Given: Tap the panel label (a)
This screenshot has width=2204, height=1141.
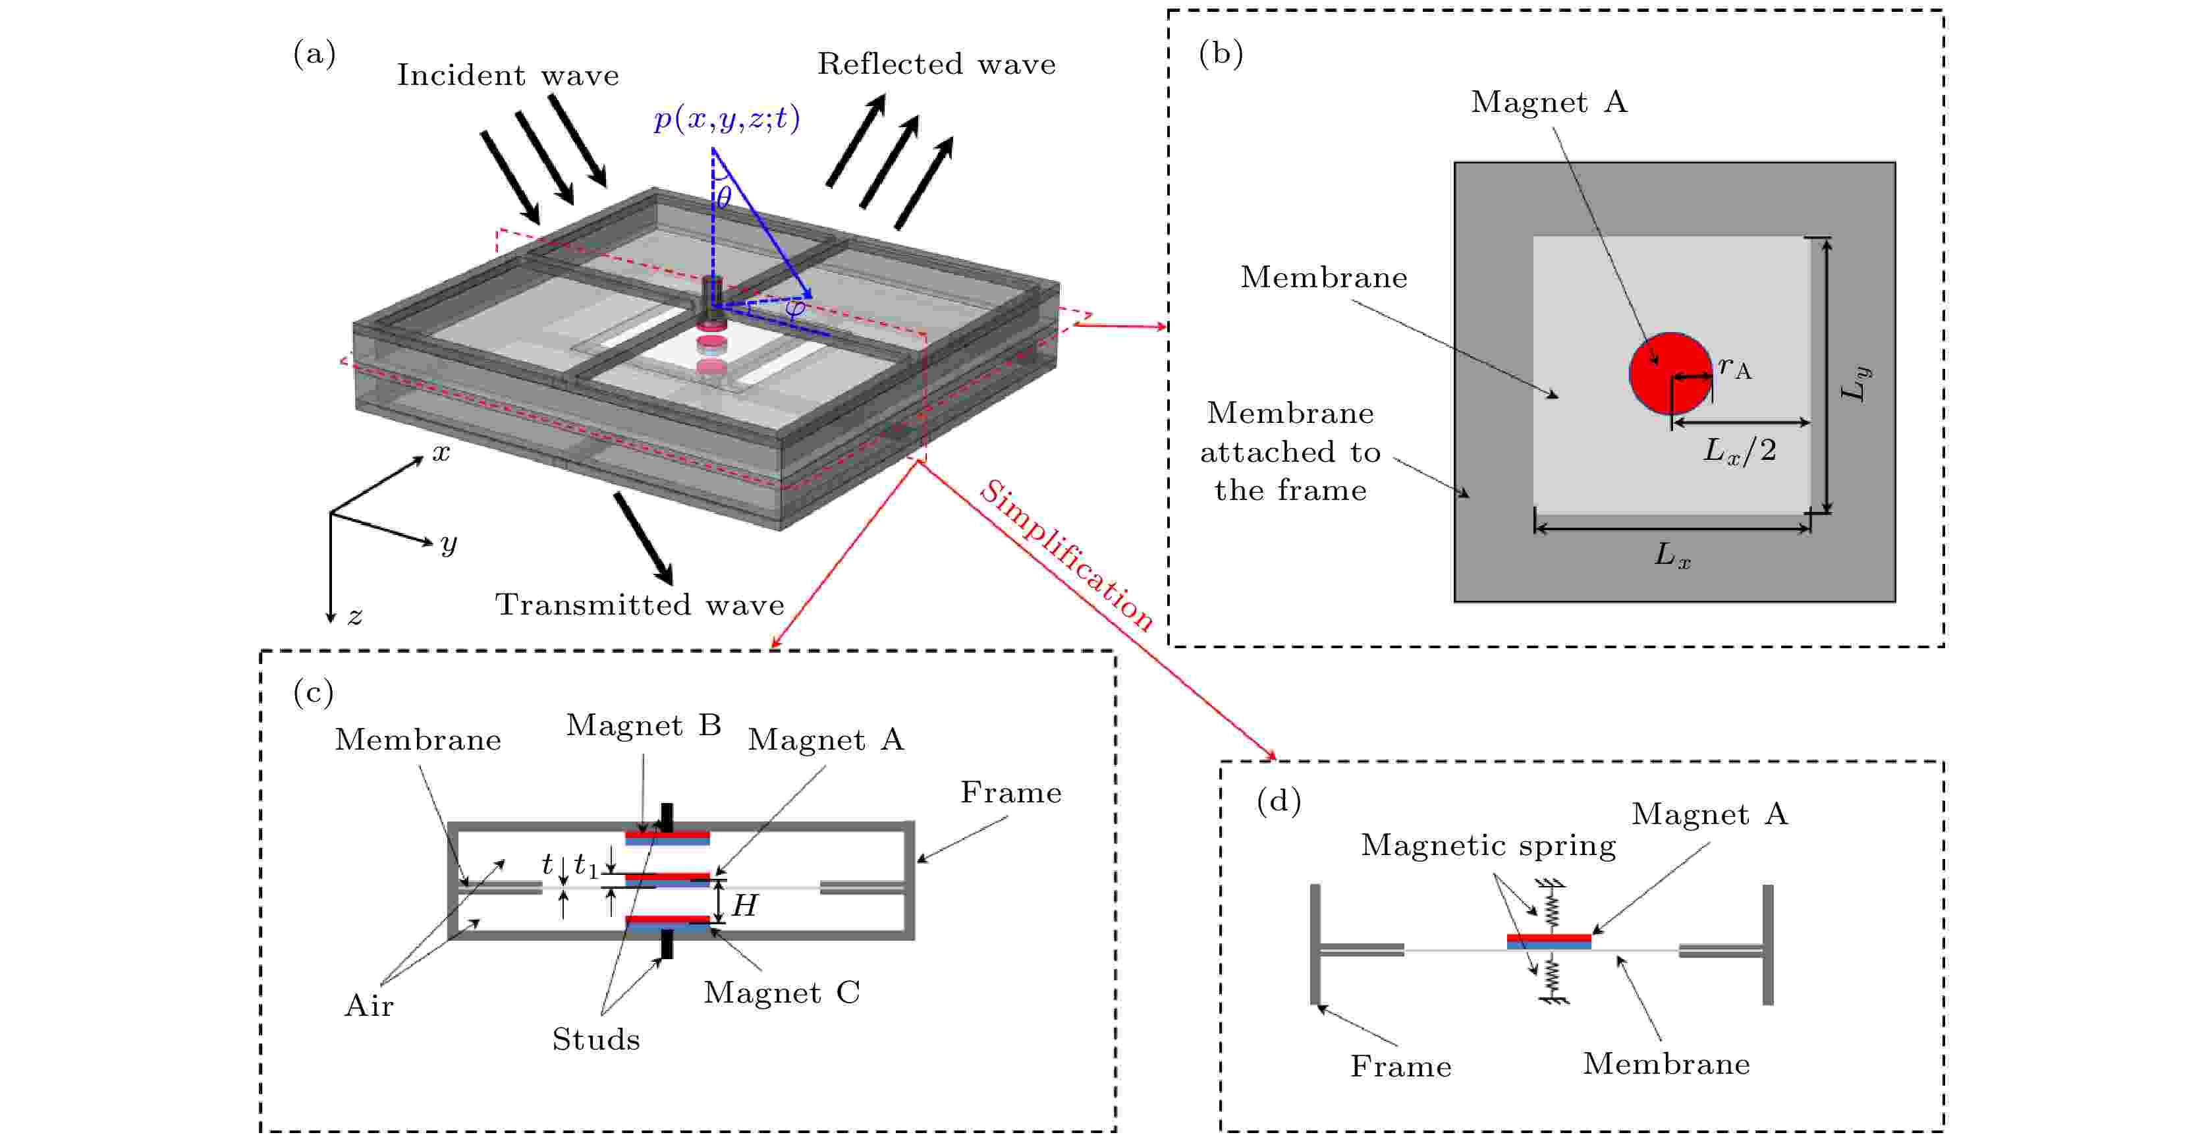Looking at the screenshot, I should click(x=314, y=54).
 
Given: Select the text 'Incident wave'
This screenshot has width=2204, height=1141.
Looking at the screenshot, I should click(x=507, y=75).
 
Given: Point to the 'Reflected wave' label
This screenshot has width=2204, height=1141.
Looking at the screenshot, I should click(x=936, y=64).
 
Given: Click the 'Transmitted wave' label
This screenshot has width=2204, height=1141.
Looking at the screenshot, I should click(x=639, y=604).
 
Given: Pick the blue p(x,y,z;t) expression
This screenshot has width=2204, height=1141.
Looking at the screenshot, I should click(x=727, y=118).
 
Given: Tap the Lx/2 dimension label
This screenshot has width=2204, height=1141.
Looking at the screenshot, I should click(x=1740, y=450).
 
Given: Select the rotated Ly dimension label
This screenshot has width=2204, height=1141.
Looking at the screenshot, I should click(x=1855, y=383).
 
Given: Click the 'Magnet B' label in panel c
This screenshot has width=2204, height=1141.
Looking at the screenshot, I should click(x=644, y=725).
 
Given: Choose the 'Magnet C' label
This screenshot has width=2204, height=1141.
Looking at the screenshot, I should click(x=781, y=992).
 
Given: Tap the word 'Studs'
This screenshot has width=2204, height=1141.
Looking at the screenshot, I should click(x=595, y=1039).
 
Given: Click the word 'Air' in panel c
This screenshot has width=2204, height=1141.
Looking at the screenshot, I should click(x=369, y=1006).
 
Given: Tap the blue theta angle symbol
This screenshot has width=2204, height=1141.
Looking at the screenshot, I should click(x=724, y=198).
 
